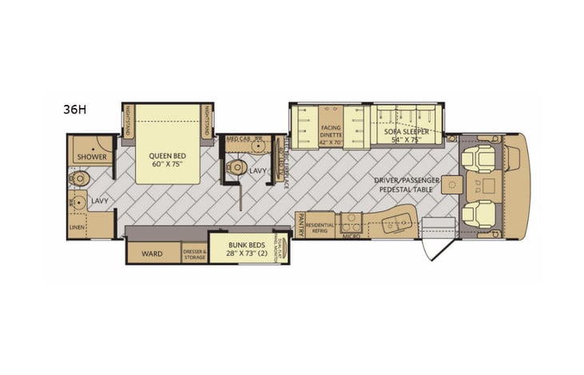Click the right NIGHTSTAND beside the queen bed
pyautogui.click(x=208, y=121)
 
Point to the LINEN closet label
pyautogui.click(x=77, y=228)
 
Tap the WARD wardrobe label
pyautogui.click(x=152, y=253)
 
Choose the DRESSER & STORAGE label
pyautogui.click(x=194, y=253)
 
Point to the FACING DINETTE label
pyautogui.click(x=331, y=131)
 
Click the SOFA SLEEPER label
pyautogui.click(x=404, y=134)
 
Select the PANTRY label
pyautogui.click(x=300, y=217)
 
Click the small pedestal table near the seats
pyautogui.click(x=452, y=186)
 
